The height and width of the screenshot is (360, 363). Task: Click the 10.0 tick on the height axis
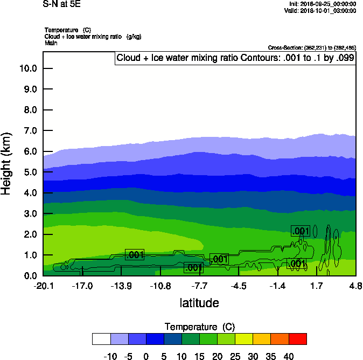[27, 68]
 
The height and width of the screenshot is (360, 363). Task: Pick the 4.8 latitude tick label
[355, 286]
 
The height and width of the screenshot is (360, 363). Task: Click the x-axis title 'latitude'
[199, 303]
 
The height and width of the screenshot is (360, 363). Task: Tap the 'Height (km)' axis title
[7, 164]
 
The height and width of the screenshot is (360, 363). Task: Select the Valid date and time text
[320, 11]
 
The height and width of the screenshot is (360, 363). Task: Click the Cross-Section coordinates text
[311, 48]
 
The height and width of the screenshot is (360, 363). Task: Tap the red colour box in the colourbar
[297, 338]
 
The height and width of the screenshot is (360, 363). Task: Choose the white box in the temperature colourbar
[101, 338]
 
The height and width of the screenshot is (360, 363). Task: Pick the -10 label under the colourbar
[110, 356]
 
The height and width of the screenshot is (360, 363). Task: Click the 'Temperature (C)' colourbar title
[199, 327]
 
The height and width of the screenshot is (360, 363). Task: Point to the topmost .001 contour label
[301, 231]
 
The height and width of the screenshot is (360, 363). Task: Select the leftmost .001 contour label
[135, 255]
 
